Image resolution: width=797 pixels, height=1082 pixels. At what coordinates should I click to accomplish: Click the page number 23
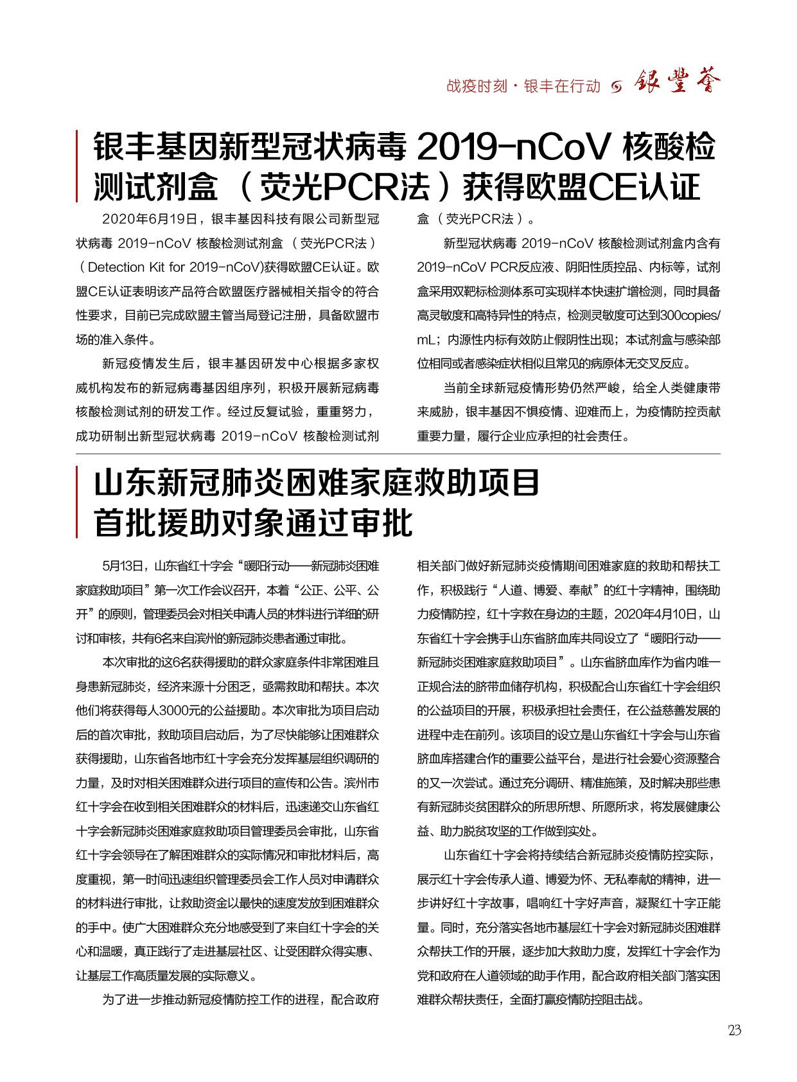click(735, 1030)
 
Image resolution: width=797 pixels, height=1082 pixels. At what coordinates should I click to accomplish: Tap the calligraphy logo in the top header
click(678, 82)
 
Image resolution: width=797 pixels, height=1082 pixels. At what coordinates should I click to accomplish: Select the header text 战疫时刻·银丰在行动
click(523, 86)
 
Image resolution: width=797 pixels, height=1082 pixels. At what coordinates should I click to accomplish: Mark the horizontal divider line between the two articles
click(398, 454)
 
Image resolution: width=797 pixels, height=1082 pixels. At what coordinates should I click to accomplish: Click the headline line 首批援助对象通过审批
click(254, 523)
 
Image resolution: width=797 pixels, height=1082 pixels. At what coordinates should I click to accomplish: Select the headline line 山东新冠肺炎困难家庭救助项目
click(317, 484)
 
